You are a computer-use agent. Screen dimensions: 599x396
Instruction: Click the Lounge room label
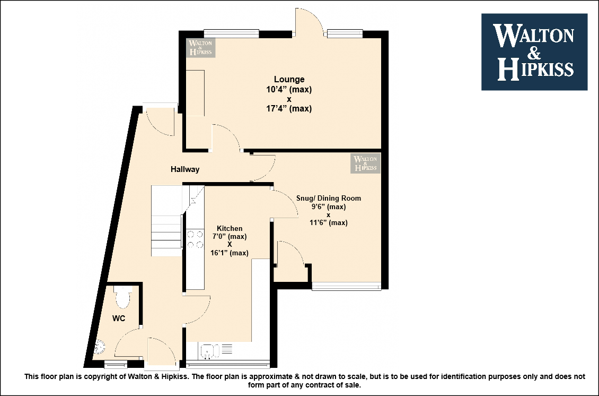click(289, 79)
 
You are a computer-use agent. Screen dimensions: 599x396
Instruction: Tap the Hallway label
click(185, 169)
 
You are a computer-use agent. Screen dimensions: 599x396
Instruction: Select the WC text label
click(119, 318)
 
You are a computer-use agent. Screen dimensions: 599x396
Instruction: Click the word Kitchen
click(230, 228)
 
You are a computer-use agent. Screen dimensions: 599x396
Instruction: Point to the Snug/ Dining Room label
click(329, 198)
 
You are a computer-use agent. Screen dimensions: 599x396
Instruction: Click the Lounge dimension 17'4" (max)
click(289, 109)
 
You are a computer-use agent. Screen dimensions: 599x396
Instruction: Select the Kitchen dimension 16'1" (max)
click(229, 253)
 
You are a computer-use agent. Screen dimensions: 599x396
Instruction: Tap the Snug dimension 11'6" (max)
click(329, 222)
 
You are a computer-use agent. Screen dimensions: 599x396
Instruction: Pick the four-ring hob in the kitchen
click(195, 239)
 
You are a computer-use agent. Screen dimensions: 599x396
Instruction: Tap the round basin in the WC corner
click(99, 348)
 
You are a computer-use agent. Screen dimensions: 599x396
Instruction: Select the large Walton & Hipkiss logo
click(534, 52)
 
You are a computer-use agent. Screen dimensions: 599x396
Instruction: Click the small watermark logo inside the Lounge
click(200, 47)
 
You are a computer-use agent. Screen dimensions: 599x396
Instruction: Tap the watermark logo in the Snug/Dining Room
click(366, 163)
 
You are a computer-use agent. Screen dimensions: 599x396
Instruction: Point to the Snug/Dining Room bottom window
click(347, 286)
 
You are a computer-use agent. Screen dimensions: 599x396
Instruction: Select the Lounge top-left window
click(232, 33)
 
